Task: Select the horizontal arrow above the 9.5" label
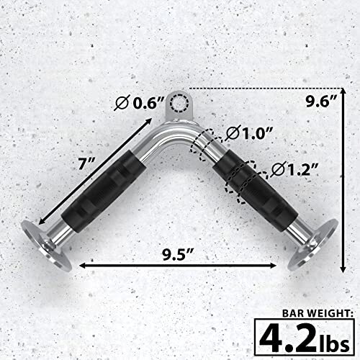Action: click(x=177, y=265)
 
